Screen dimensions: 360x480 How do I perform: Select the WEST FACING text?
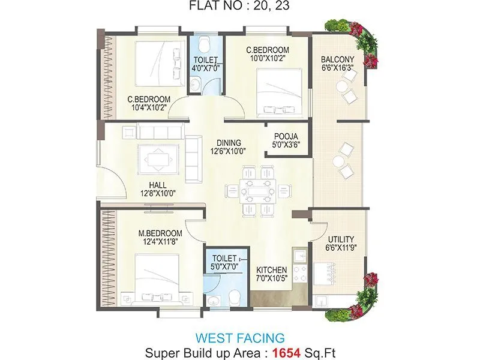[240, 337]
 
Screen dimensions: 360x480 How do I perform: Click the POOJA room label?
[286, 136]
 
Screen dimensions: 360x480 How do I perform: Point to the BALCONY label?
[337, 59]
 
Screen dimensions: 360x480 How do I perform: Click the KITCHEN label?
[271, 270]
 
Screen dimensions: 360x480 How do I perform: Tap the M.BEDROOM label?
[160, 233]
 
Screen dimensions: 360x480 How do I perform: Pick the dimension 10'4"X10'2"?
[148, 108]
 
